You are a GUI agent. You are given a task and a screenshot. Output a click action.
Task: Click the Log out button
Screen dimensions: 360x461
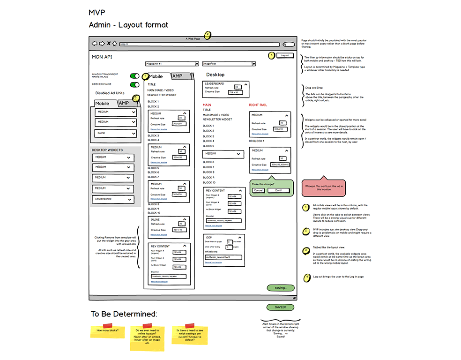285,55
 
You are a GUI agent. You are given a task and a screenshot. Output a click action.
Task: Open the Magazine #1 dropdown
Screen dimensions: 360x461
172,63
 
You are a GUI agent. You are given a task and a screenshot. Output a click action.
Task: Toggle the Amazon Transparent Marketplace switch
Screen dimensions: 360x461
135,76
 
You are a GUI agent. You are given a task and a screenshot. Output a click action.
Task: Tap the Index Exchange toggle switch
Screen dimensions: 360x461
135,84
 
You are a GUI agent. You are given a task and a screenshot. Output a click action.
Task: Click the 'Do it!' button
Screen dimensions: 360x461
279,190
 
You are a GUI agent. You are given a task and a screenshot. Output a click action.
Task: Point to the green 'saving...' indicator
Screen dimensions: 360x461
281,287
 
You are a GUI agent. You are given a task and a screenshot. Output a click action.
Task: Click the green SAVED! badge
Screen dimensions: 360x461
281,307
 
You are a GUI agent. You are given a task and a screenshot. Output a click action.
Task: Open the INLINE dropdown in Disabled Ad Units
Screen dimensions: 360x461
115,133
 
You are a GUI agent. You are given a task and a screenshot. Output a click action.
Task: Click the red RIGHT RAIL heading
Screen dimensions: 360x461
258,105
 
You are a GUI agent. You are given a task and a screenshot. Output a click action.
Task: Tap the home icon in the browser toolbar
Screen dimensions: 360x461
114,44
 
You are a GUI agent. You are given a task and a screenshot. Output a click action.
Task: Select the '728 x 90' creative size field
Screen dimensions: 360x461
234,92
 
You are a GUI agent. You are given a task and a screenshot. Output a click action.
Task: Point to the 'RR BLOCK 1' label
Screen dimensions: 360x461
257,141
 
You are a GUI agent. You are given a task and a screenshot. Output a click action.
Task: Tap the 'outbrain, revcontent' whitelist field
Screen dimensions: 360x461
223,257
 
